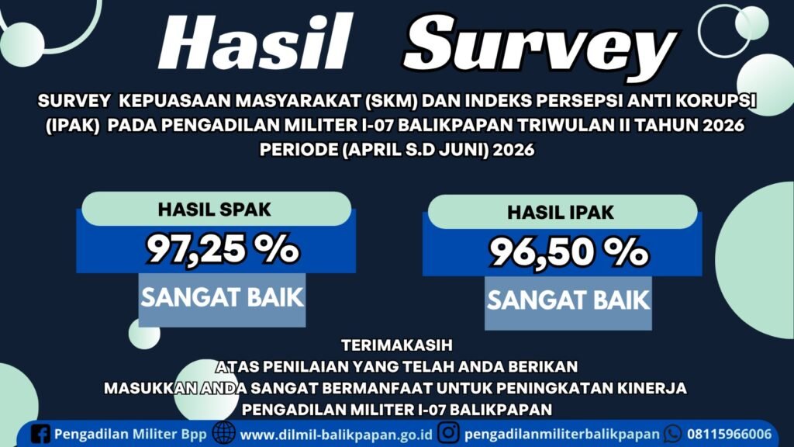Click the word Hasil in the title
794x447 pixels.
(x=255, y=43)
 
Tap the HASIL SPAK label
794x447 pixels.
(x=214, y=210)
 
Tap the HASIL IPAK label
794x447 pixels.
(x=561, y=213)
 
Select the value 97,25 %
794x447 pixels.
(x=223, y=248)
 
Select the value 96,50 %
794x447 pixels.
(x=568, y=252)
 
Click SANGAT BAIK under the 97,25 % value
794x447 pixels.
(x=222, y=297)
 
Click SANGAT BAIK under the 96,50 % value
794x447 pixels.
(x=568, y=300)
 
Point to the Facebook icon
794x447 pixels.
(x=40, y=434)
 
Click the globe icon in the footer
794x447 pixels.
(x=224, y=433)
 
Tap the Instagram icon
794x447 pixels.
(x=448, y=433)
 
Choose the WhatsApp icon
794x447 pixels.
(x=672, y=434)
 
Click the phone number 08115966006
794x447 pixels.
(x=729, y=435)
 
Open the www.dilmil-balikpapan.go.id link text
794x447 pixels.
(x=337, y=435)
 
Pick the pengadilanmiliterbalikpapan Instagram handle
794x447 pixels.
(x=562, y=435)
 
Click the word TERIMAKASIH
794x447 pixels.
(x=396, y=345)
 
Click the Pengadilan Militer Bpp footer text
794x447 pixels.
(x=130, y=435)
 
